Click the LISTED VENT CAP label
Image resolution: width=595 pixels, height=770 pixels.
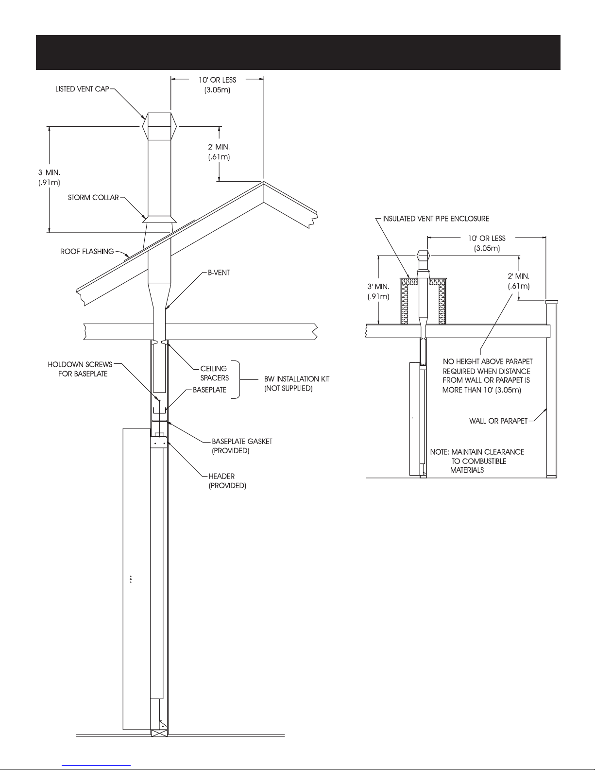(82, 89)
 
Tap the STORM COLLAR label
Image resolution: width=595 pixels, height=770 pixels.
(93, 197)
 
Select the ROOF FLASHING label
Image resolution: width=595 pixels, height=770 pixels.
(87, 251)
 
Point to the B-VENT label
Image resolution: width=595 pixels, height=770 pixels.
(219, 273)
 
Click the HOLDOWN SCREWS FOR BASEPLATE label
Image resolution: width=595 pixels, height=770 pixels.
(80, 369)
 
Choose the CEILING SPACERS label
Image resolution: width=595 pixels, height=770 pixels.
(214, 373)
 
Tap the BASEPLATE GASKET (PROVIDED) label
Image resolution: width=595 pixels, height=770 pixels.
(242, 446)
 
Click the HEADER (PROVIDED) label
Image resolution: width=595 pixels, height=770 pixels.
(227, 481)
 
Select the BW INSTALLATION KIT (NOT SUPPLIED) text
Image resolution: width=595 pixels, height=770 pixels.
(297, 383)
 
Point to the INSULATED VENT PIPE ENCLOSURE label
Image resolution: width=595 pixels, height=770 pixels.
(435, 219)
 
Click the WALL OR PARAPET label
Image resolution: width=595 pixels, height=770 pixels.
(498, 421)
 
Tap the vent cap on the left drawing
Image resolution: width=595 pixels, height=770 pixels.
(159, 126)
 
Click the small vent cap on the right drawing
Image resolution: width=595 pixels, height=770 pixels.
(423, 256)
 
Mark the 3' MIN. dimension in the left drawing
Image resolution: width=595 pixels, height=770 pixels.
(49, 177)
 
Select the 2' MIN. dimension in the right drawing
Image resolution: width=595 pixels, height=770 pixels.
(519, 281)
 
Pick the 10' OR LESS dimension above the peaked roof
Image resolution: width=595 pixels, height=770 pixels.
(217, 85)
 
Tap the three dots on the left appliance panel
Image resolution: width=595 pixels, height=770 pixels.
(131, 579)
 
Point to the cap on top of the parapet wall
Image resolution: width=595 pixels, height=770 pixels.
(551, 302)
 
